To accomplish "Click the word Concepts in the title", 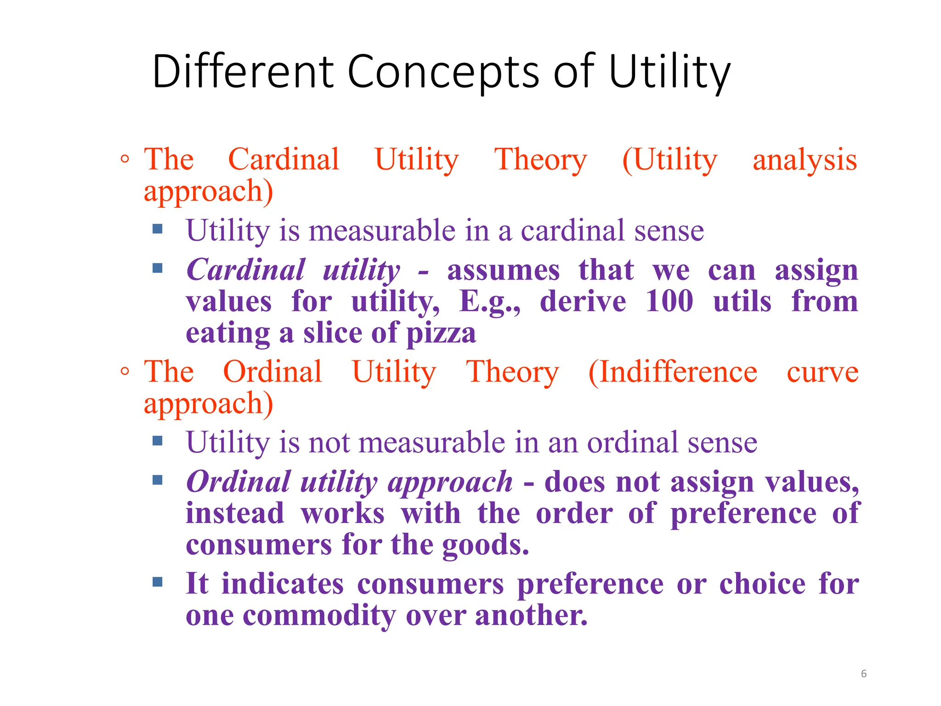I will tap(443, 72).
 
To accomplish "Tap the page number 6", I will tap(863, 673).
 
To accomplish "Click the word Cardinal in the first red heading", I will tap(283, 159).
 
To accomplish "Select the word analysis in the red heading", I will tap(805, 160).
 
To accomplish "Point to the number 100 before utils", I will tap(669, 302).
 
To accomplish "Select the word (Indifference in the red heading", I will tap(673, 372).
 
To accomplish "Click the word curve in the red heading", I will tap(822, 372).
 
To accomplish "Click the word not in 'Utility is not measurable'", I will tap(329, 443).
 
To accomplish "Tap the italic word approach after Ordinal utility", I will tap(450, 483).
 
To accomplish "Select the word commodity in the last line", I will tap(319, 615).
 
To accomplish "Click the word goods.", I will tap(485, 546).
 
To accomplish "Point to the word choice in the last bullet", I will tap(762, 584).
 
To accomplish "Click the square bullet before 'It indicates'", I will tap(158, 582).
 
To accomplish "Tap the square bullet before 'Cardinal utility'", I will tap(158, 268).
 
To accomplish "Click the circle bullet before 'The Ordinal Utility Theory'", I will tap(125, 371).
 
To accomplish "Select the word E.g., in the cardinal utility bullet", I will tap(489, 302).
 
